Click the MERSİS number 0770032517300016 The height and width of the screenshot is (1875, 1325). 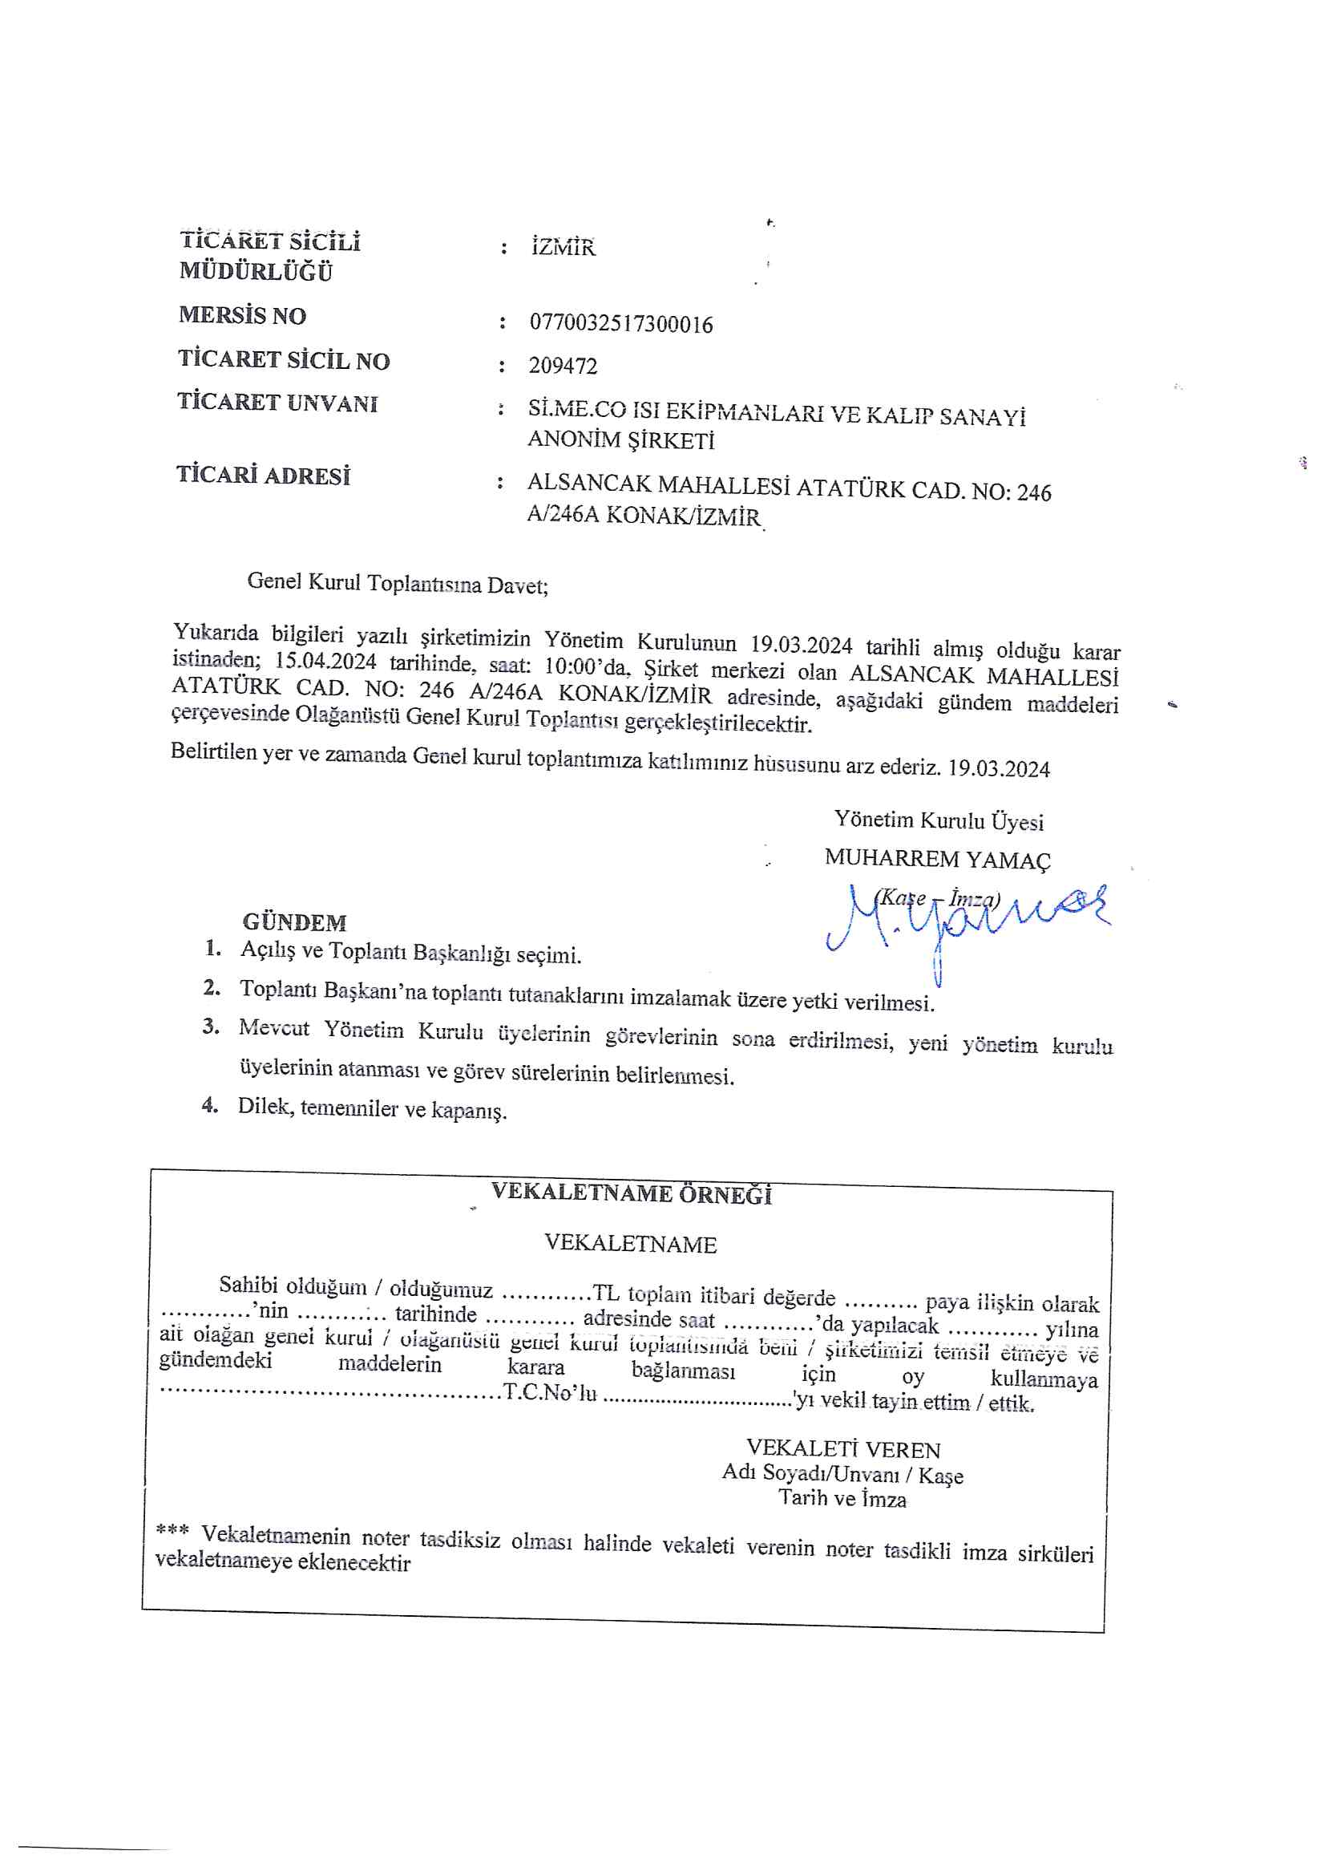coord(620,324)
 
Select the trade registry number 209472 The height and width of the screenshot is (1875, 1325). coord(563,365)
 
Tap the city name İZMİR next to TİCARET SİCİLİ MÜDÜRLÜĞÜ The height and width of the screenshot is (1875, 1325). coord(564,247)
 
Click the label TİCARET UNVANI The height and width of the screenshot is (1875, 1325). coord(277,403)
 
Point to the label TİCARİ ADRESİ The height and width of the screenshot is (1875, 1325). coord(263,476)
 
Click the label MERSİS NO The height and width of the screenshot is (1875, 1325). coord(241,315)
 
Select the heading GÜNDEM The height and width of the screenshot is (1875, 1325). coord(294,923)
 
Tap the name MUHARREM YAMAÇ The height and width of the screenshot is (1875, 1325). coord(937,859)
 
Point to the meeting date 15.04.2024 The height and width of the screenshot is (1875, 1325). coord(325,661)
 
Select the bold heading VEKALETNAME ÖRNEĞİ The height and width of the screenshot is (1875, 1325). coord(631,1193)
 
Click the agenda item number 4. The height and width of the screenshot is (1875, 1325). coord(210,1105)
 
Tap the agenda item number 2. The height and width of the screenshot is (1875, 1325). coord(212,987)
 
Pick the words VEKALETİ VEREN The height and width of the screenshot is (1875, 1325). coord(843,1449)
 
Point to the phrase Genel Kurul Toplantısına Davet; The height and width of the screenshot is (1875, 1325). coord(398,583)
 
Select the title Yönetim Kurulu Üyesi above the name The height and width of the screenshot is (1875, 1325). coord(938,820)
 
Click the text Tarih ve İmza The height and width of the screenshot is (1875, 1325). coord(842,1499)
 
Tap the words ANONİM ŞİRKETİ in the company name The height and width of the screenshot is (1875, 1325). coord(620,440)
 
